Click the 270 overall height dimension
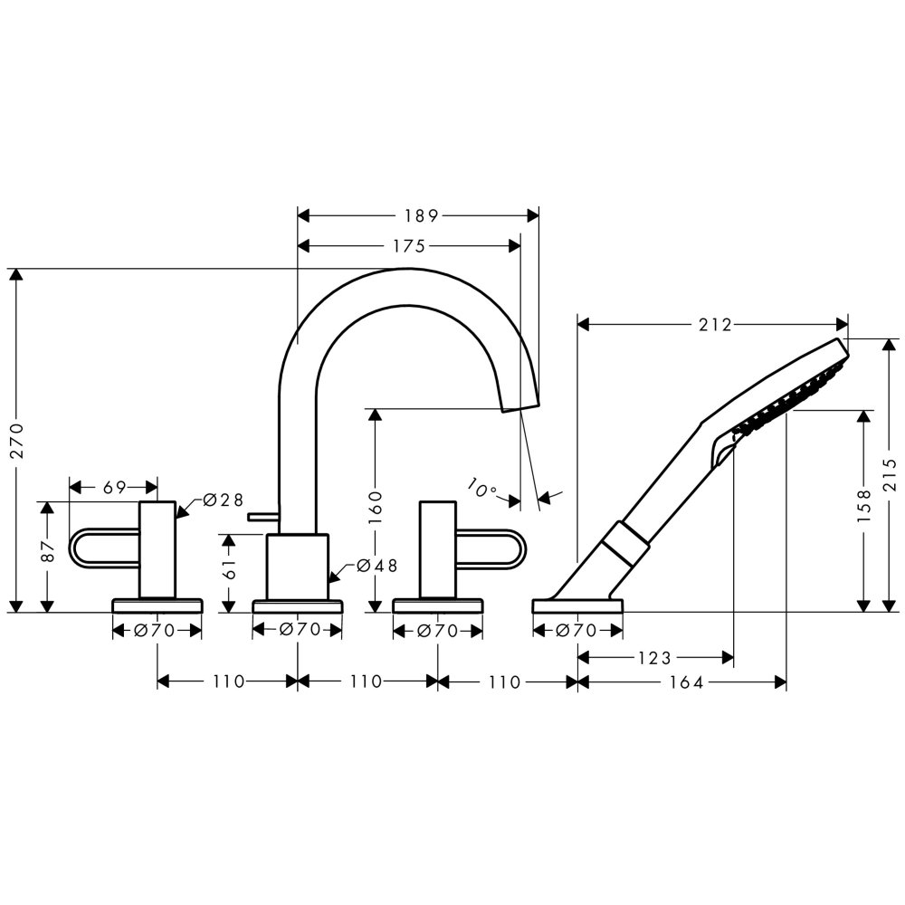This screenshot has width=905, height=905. pyautogui.click(x=17, y=441)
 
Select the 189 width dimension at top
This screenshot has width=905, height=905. pyautogui.click(x=422, y=216)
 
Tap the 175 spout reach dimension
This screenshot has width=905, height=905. pyautogui.click(x=409, y=246)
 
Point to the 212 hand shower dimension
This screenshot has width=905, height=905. pyautogui.click(x=715, y=325)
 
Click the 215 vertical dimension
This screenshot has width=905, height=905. pyautogui.click(x=890, y=474)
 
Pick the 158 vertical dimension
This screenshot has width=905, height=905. pyautogui.click(x=863, y=506)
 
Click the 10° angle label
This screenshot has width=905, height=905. pyautogui.click(x=481, y=488)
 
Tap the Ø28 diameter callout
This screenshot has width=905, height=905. pyautogui.click(x=223, y=500)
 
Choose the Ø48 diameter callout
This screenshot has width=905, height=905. pyautogui.click(x=376, y=566)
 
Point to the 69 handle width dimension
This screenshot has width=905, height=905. pyautogui.click(x=114, y=488)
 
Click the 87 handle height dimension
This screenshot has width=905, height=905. pyautogui.click(x=48, y=551)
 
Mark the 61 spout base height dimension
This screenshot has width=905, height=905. pyautogui.click(x=229, y=568)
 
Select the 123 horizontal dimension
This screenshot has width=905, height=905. pyautogui.click(x=655, y=657)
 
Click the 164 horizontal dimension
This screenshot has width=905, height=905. pyautogui.click(x=687, y=682)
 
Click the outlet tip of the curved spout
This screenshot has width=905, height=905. pyautogui.click(x=520, y=408)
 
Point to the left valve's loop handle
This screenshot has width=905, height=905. pyautogui.click(x=104, y=547)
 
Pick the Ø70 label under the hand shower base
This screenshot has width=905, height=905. pyautogui.click(x=576, y=631)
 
